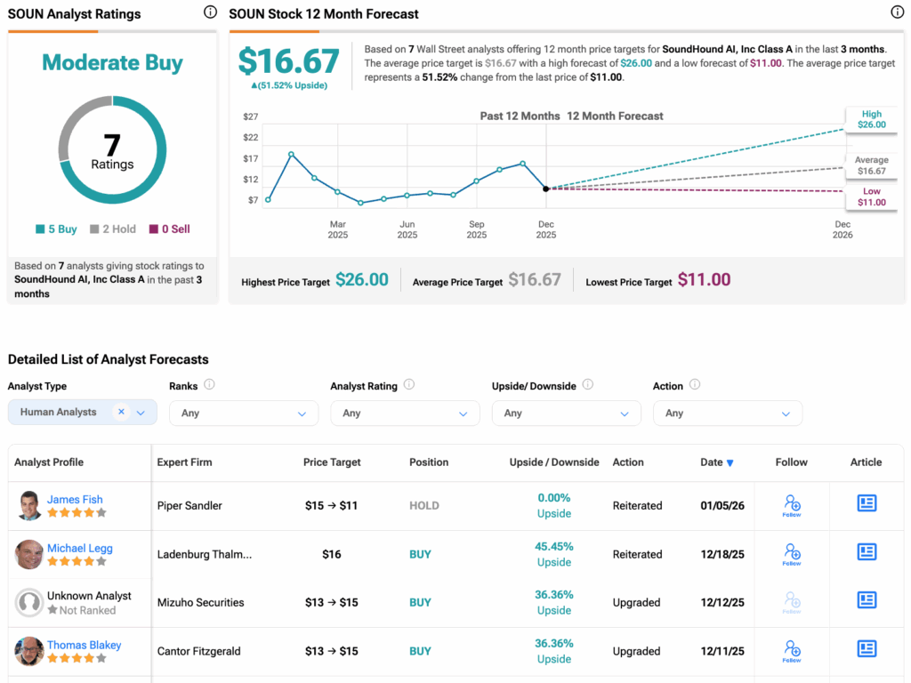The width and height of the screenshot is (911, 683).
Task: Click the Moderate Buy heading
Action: (112, 63)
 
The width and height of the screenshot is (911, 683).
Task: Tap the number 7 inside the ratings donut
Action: (112, 145)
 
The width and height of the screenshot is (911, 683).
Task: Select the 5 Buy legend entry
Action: (56, 229)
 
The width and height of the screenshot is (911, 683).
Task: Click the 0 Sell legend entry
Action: (169, 229)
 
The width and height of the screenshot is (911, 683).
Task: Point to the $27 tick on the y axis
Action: (250, 117)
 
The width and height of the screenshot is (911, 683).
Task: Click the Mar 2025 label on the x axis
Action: (337, 229)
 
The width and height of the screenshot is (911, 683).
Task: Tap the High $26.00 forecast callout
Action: (871, 119)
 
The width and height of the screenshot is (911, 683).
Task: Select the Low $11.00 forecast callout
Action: (871, 197)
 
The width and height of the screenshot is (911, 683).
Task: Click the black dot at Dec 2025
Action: (545, 189)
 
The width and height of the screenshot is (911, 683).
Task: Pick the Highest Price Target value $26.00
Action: (361, 280)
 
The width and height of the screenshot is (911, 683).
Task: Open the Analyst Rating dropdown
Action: (405, 414)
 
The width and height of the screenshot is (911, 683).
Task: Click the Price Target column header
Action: (332, 462)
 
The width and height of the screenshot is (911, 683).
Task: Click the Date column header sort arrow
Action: (730, 463)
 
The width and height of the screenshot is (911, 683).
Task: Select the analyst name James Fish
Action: (75, 500)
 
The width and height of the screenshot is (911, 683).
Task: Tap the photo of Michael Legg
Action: (29, 554)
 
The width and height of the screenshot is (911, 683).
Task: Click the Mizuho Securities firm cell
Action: (200, 603)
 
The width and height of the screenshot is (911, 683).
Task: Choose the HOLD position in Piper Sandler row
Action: (424, 506)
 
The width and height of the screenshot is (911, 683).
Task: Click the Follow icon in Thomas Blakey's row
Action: (792, 650)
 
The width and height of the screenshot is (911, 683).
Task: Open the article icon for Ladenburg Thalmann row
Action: (867, 552)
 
